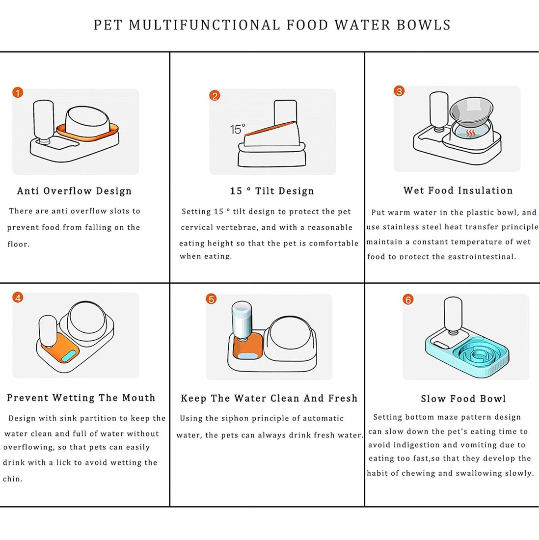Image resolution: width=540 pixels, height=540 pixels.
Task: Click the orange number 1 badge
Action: [18, 93]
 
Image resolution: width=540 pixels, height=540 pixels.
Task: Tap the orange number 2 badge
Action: [215, 95]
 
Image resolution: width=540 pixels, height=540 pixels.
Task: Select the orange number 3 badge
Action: [399, 91]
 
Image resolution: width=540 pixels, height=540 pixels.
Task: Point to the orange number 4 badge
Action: [18, 297]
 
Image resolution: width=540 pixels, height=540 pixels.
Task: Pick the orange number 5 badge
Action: [211, 299]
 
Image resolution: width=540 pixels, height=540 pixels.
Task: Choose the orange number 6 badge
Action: [408, 299]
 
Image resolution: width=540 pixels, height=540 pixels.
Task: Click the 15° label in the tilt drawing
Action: [238, 129]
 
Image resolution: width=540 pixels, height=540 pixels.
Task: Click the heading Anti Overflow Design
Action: [74, 191]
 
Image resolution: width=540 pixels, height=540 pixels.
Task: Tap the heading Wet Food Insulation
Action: [458, 190]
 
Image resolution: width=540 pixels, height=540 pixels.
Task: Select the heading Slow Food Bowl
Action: [463, 399]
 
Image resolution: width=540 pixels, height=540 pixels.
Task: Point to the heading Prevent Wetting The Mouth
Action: [81, 398]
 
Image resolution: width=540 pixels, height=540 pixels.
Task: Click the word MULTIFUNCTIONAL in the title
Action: [206, 25]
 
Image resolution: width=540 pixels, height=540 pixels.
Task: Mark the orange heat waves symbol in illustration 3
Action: [470, 134]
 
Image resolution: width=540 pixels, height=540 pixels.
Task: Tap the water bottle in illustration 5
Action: [242, 320]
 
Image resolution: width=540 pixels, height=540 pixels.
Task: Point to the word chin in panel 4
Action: [13, 479]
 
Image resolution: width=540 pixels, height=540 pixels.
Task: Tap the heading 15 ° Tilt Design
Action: [271, 191]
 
